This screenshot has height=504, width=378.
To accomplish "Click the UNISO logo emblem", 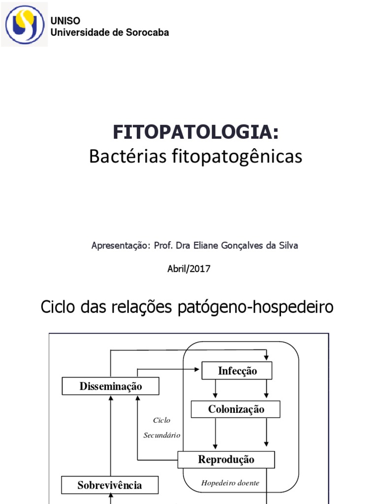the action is pos(24,24).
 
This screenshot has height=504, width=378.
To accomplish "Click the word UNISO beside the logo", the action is pos(65,21).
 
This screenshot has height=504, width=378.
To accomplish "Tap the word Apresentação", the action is pos(120,245).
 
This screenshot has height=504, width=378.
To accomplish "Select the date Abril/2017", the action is pos(189,269).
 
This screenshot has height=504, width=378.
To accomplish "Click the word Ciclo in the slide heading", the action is pos(59,307).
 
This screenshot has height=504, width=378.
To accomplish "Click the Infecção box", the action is pos(237,371).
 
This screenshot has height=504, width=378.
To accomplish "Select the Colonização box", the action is pos(236,409).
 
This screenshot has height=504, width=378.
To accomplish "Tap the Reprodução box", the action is pos(226,460).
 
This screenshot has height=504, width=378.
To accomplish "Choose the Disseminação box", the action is pos(111,386).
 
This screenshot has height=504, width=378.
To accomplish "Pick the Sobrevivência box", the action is pos(110,485).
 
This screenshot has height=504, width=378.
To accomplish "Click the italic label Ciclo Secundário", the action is pos(162,428).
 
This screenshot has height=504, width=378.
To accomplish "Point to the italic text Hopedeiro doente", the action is pos(230,483).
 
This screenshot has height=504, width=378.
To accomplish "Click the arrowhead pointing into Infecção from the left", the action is pos(199,368).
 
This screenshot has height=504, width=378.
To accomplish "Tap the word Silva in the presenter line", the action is pos(288,245).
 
